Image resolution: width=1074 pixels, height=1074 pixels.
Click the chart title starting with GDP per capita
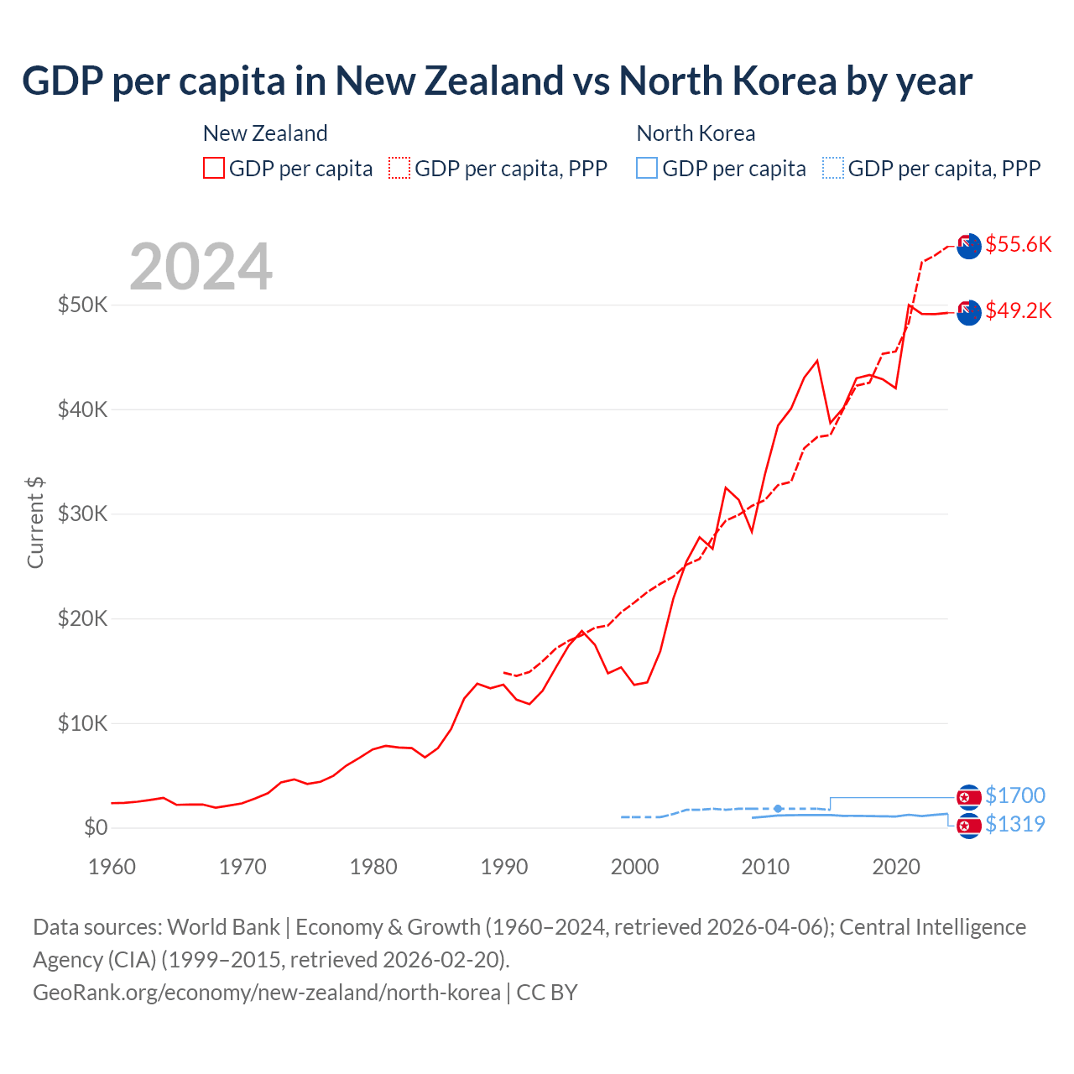pyautogui.click(x=497, y=81)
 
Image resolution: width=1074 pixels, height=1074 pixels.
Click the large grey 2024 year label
pyautogui.click(x=201, y=267)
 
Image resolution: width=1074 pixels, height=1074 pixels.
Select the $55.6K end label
pyautogui.click(x=1018, y=244)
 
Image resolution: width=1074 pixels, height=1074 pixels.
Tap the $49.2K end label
pyautogui.click(x=1018, y=310)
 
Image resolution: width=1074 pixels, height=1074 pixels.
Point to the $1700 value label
pyautogui.click(x=1014, y=795)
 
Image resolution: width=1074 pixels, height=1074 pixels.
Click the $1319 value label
pyautogui.click(x=1014, y=824)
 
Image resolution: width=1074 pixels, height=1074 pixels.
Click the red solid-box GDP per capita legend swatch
pyautogui.click(x=214, y=169)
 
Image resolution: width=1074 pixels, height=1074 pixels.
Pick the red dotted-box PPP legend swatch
pyautogui.click(x=399, y=169)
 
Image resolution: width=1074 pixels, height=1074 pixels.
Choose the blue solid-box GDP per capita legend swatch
pyautogui.click(x=647, y=169)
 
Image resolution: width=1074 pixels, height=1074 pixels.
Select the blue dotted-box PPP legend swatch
pyautogui.click(x=833, y=169)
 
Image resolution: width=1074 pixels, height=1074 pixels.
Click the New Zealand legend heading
pyautogui.click(x=265, y=133)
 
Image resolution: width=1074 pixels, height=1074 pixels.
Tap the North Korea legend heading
pyautogui.click(x=696, y=133)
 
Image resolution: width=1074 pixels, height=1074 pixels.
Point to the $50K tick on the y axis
pyautogui.click(x=82, y=305)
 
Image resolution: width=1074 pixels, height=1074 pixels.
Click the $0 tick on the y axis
pyautogui.click(x=96, y=828)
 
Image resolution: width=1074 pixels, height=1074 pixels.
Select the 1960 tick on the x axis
pyautogui.click(x=112, y=867)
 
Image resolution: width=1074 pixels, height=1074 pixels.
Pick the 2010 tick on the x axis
pyautogui.click(x=765, y=867)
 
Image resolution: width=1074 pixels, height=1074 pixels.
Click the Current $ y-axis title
pyautogui.click(x=35, y=522)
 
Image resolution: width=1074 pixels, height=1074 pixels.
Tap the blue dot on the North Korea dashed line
pyautogui.click(x=778, y=809)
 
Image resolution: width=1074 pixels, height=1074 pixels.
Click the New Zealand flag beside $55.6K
pyautogui.click(x=968, y=246)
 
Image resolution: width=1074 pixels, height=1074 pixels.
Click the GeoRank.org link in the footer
pyautogui.click(x=266, y=993)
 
